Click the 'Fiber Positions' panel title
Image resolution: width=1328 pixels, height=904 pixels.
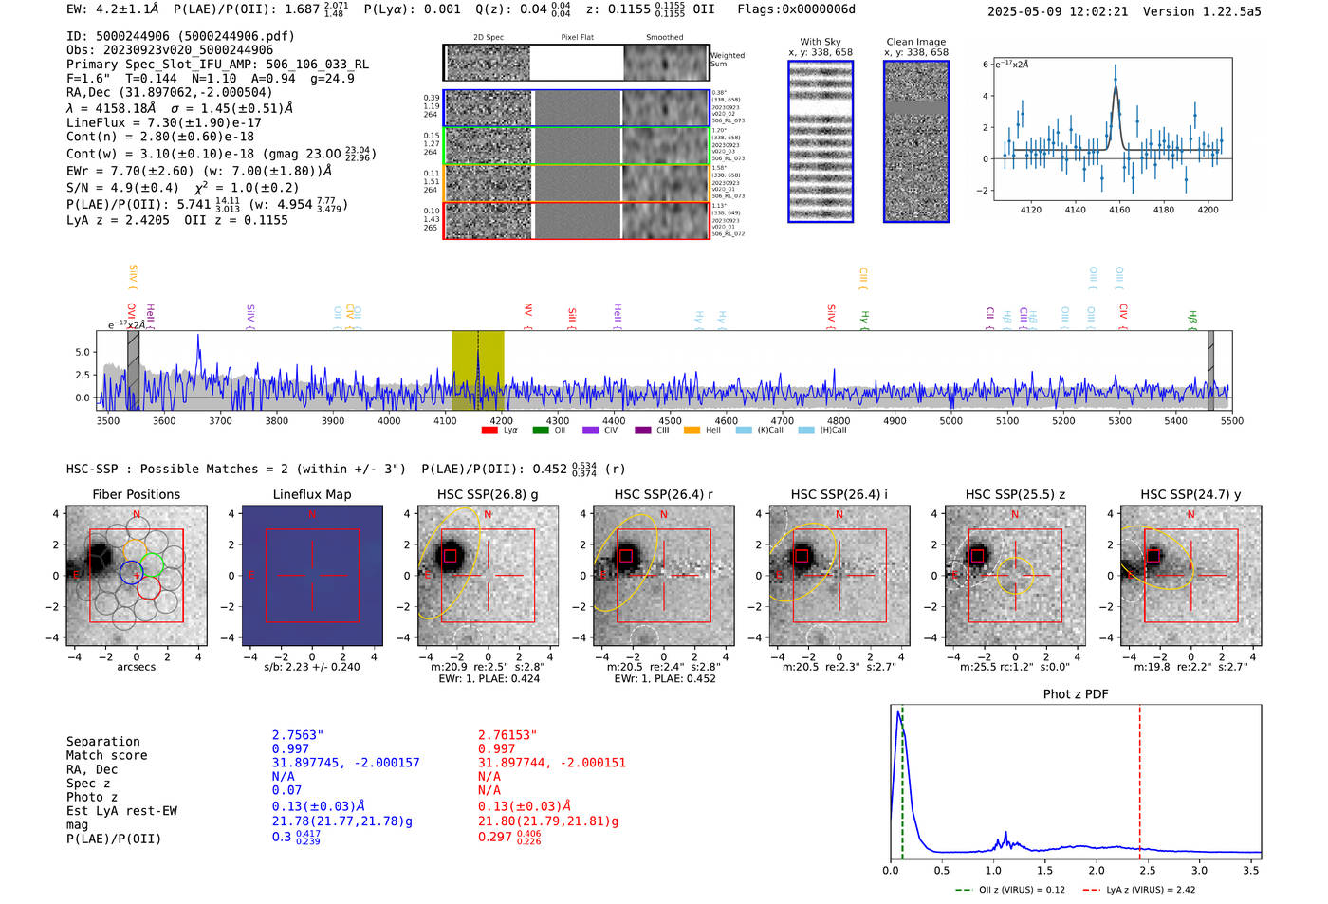(x=136, y=494)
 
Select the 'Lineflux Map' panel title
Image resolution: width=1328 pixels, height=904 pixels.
(x=311, y=494)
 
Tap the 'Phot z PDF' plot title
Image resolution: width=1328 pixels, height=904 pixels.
(x=1075, y=693)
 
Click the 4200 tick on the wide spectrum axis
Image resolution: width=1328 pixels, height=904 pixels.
(x=501, y=420)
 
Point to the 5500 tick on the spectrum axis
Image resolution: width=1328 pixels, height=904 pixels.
(x=1231, y=420)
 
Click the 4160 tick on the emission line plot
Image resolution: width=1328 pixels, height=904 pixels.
(x=1119, y=210)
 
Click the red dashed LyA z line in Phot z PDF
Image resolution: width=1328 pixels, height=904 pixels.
(x=1139, y=778)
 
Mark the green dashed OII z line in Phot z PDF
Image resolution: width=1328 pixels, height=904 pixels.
(x=902, y=778)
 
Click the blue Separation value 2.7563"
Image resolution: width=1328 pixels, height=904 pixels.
(x=297, y=735)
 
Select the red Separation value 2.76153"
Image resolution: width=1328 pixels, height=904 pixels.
(x=507, y=735)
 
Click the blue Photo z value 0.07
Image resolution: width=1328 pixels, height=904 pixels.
(x=286, y=790)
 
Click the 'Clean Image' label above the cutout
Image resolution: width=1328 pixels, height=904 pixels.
(x=915, y=42)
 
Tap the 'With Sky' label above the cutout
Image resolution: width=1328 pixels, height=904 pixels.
(x=820, y=42)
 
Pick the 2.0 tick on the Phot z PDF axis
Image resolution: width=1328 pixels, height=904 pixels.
(x=1097, y=870)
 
